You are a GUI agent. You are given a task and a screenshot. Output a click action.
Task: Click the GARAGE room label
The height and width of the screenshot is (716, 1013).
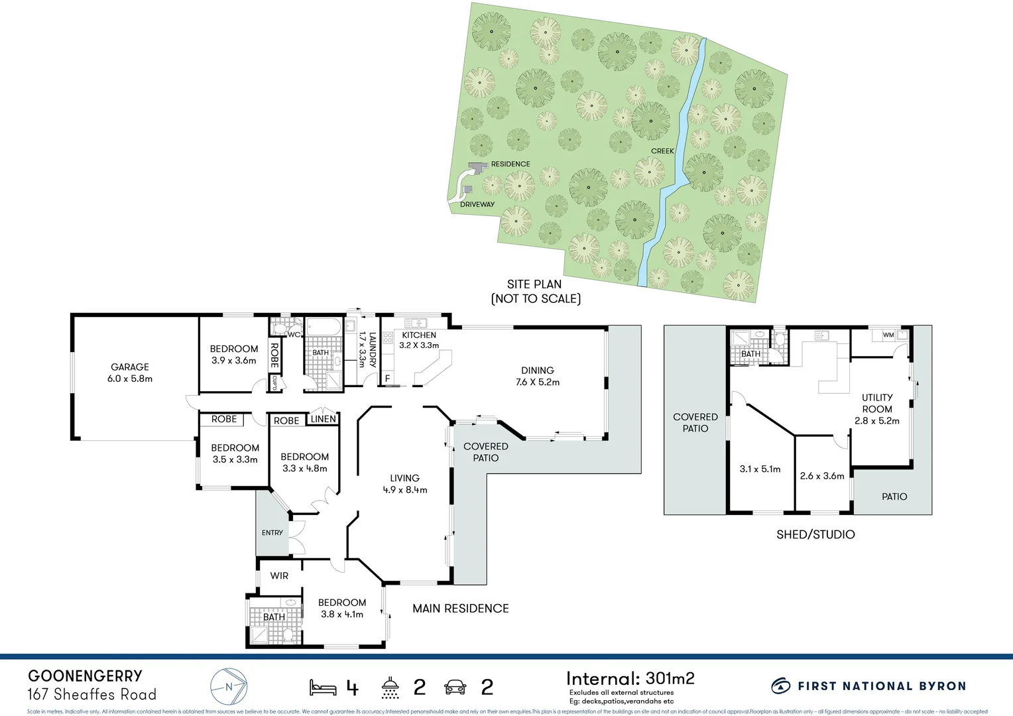point(130,373)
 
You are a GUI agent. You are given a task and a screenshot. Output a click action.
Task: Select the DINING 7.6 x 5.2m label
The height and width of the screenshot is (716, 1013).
point(538,377)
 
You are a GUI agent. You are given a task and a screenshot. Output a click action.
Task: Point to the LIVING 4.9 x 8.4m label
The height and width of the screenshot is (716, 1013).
point(404,484)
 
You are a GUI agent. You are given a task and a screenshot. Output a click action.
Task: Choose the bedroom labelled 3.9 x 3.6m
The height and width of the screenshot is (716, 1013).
point(234,355)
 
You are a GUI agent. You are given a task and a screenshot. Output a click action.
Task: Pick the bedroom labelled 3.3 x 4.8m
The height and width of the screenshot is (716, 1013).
point(304,463)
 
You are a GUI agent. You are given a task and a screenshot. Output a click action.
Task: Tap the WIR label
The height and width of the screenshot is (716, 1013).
point(279,575)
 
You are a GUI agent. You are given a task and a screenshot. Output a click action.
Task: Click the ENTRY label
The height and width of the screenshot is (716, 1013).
point(272,532)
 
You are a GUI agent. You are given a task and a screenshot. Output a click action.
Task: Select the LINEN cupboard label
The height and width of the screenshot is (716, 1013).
point(324,419)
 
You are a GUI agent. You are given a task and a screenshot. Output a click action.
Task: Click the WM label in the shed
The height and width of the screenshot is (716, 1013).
point(888,335)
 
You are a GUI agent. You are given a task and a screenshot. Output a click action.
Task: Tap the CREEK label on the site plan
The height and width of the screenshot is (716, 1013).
point(662,151)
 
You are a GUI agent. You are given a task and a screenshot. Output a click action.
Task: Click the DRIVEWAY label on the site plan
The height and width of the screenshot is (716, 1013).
point(477,204)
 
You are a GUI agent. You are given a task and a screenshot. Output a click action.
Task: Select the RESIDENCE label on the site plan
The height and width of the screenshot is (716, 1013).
point(510,164)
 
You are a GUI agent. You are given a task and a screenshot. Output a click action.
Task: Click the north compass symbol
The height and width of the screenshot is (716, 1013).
point(229,687)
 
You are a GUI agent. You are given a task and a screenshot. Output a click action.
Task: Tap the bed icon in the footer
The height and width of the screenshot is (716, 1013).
point(323,687)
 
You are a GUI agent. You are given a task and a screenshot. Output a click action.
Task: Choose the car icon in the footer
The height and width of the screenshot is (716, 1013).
point(455,687)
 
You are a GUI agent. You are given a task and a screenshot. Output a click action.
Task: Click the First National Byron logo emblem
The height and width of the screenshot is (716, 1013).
point(781,686)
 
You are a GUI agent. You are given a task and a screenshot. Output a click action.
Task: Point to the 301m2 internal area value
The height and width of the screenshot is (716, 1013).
point(670,678)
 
